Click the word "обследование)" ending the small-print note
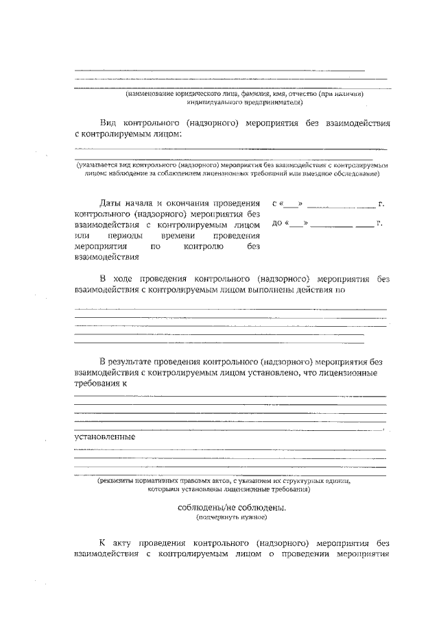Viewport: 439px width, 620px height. (x=357, y=174)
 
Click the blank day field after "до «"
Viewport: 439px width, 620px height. (x=297, y=224)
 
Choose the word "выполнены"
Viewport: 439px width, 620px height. (x=280, y=290)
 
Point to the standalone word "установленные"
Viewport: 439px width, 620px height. (x=104, y=436)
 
